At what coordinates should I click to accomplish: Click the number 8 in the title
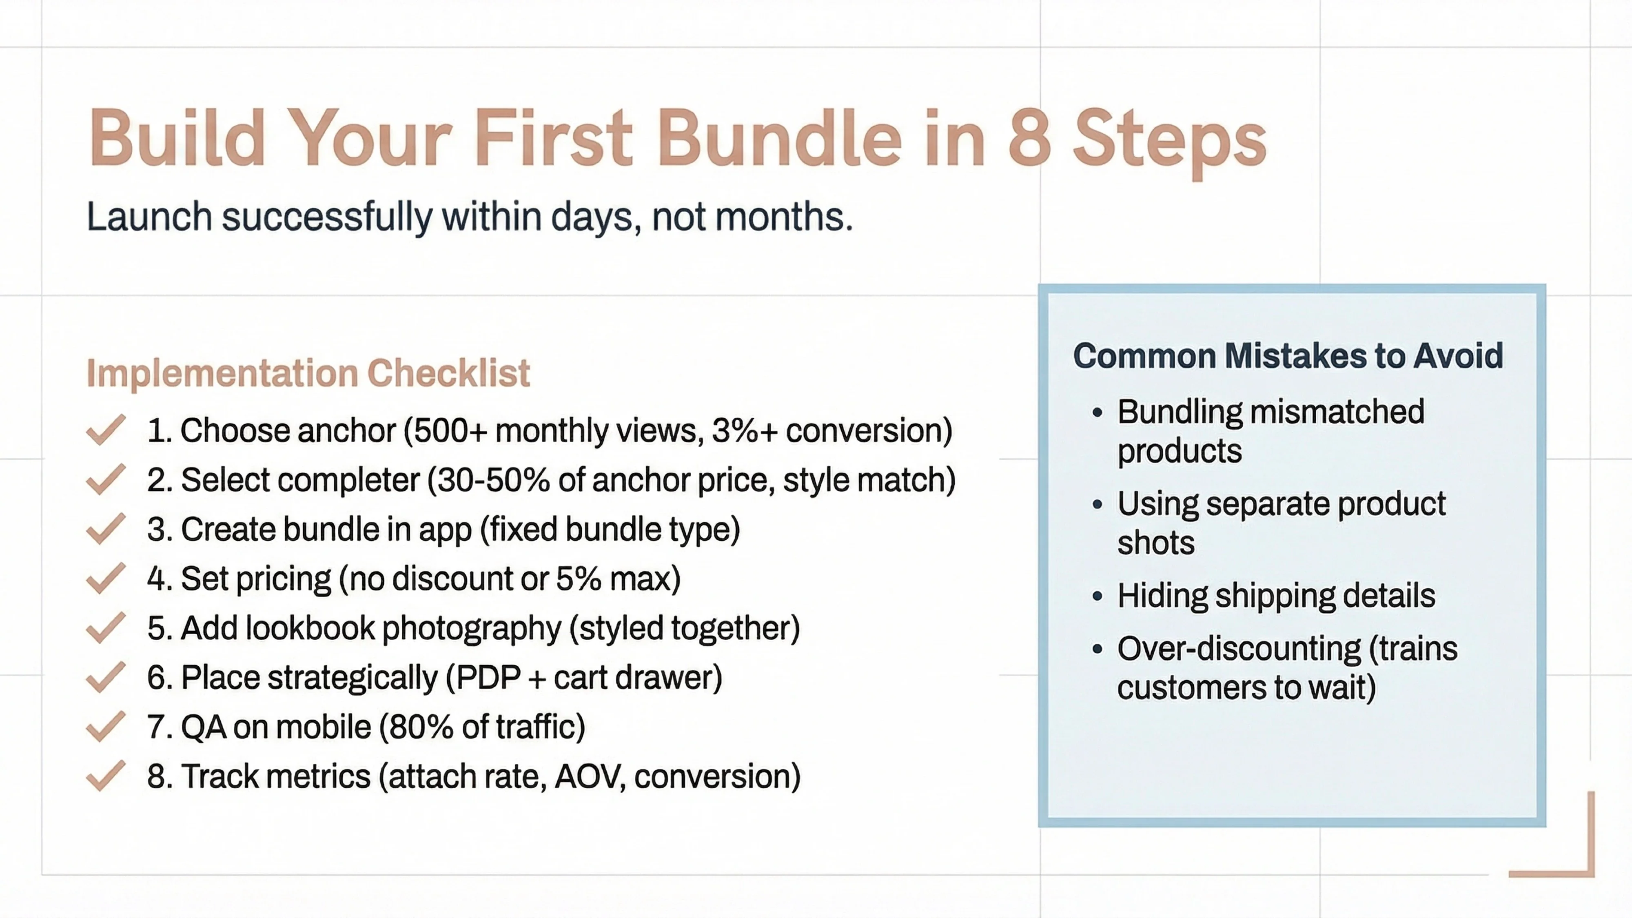point(1029,138)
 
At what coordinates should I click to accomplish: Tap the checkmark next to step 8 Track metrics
point(105,776)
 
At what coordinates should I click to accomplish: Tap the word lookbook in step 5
point(310,628)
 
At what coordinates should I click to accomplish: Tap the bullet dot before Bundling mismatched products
point(1098,413)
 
